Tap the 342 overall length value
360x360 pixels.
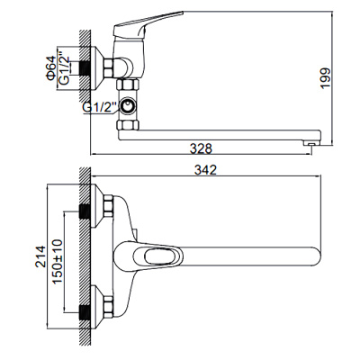[209, 169]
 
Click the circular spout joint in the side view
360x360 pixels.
[131, 108]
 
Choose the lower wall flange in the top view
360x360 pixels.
[103, 311]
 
